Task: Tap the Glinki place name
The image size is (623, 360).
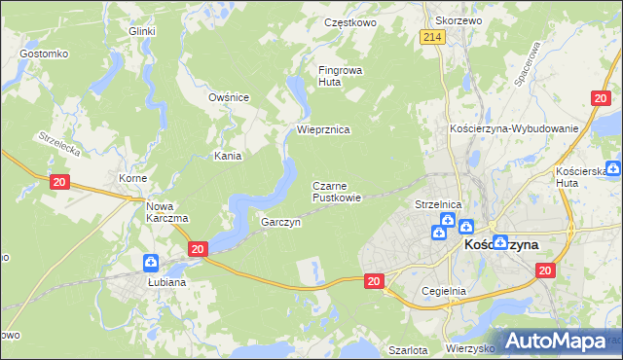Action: coord(142,31)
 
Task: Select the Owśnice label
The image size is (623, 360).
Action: coord(230,97)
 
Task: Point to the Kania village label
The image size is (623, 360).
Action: coord(228,155)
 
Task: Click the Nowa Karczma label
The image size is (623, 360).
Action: coord(166,211)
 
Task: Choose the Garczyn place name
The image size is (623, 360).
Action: coord(280,222)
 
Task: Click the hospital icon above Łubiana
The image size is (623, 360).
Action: coord(151,263)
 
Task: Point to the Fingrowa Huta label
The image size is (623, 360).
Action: coord(340,76)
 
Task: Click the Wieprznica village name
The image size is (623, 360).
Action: coord(323,129)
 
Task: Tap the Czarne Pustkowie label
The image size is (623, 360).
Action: coord(337,191)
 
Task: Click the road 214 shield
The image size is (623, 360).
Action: coord(433,37)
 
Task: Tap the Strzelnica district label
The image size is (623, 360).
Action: coord(437,205)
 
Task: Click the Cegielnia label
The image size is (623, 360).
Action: coord(445,291)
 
